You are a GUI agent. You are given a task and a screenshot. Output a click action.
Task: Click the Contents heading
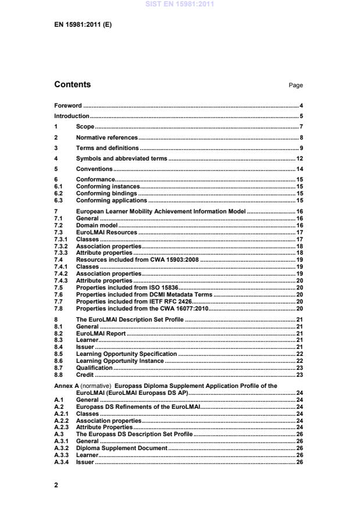[x=73, y=85]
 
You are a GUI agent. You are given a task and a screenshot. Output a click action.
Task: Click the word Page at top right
[x=295, y=85]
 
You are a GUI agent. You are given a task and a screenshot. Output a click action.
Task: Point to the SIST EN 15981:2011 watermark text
[x=179, y=4]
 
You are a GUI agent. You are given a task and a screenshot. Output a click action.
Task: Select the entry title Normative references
[x=107, y=137]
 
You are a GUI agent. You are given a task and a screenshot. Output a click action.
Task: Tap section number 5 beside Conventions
[x=56, y=169]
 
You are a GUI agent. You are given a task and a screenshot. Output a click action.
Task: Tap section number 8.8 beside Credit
[x=58, y=375]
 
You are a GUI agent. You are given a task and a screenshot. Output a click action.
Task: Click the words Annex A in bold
[x=67, y=386]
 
